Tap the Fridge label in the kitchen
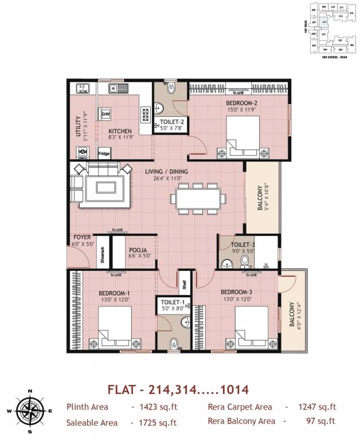(104, 154)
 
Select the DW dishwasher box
(105, 115)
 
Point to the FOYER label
(82, 237)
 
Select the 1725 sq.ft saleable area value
(154, 423)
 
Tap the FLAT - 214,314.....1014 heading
(178, 390)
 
